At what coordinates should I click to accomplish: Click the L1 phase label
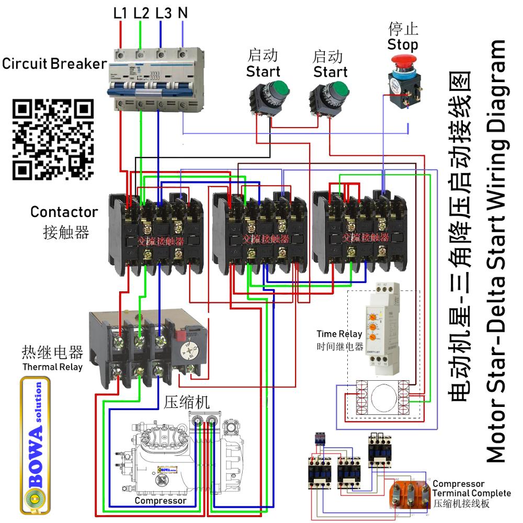click(120, 13)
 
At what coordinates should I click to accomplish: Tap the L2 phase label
click(141, 13)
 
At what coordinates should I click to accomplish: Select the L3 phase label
click(163, 13)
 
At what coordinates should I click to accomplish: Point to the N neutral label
click(183, 13)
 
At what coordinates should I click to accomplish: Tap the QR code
click(52, 139)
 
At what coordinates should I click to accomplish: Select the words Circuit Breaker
click(54, 64)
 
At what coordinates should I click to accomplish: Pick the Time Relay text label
click(339, 334)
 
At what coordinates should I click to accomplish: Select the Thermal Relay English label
click(52, 367)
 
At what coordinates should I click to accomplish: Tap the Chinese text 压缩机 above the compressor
click(187, 402)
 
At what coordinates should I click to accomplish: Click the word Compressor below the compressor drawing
click(160, 501)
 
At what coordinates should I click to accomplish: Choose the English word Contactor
click(64, 212)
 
